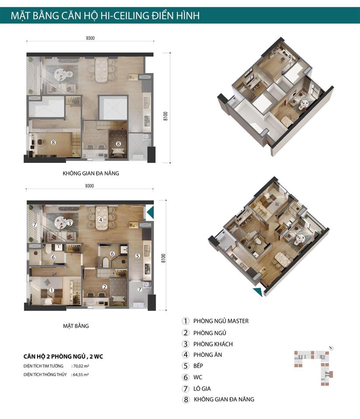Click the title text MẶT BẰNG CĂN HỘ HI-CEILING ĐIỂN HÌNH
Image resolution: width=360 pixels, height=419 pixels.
(x=105, y=15)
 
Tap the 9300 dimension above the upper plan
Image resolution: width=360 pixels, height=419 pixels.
(x=90, y=38)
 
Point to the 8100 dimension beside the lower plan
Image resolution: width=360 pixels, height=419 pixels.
(x=164, y=258)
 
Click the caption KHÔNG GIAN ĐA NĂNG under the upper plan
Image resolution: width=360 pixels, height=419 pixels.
(x=91, y=173)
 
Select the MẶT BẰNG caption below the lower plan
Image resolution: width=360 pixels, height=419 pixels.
(x=76, y=326)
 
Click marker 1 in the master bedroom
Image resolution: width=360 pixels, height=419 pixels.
(x=52, y=290)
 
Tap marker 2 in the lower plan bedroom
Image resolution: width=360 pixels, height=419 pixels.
(x=105, y=287)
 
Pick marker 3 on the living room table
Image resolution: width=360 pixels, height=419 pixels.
(x=70, y=223)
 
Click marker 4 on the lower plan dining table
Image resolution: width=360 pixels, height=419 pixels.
(x=101, y=220)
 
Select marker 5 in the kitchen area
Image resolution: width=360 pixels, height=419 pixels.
(x=137, y=256)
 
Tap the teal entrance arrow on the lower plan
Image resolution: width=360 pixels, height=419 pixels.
(x=150, y=212)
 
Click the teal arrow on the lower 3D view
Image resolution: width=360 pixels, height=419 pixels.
(x=258, y=292)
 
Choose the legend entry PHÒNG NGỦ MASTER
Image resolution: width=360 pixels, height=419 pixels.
(x=221, y=321)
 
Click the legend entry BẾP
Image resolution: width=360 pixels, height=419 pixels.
(x=198, y=366)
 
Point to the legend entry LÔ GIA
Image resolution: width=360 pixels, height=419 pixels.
(x=202, y=388)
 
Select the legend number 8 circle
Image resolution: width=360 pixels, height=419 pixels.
(x=185, y=400)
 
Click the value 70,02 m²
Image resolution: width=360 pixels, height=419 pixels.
(x=81, y=366)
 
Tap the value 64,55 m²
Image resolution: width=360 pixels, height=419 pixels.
(x=81, y=374)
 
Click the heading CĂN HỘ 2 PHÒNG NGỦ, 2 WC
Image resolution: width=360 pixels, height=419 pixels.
(x=63, y=357)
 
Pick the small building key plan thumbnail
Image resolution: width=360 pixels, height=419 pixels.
(x=314, y=366)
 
